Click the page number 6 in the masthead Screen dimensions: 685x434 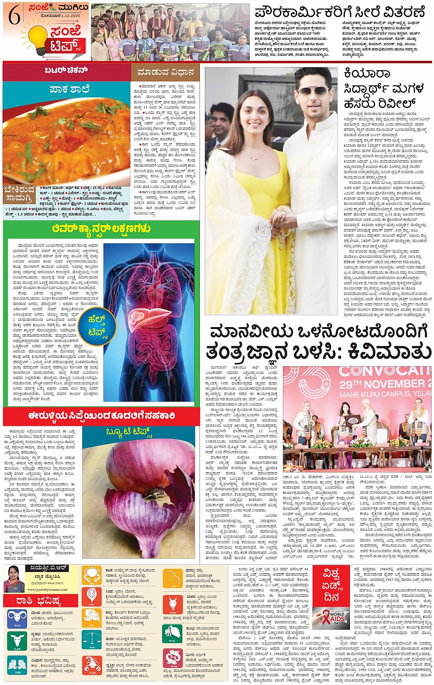pyautogui.click(x=15, y=17)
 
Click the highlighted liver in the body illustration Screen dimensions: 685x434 pyautogui.click(x=138, y=317)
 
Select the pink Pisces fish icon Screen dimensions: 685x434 pyautogui.click(x=173, y=659)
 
